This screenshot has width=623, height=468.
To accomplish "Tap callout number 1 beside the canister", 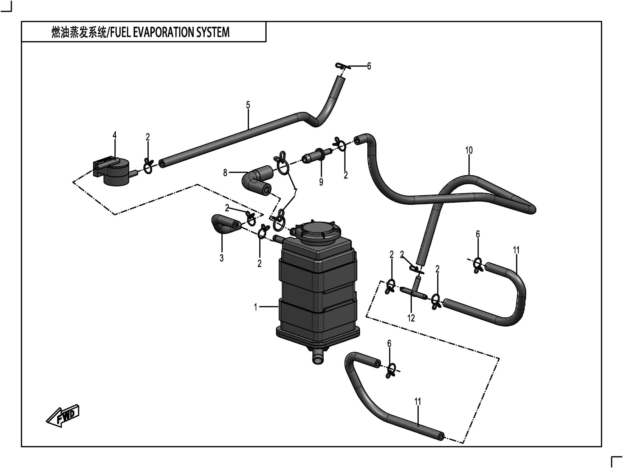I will click(x=255, y=307).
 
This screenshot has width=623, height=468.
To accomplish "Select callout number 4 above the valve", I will click(x=115, y=135).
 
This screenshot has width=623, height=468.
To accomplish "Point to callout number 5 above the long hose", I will click(x=248, y=105).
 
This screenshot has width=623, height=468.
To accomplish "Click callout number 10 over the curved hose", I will click(x=469, y=150).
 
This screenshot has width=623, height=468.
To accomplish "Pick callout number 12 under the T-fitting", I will click(x=411, y=318).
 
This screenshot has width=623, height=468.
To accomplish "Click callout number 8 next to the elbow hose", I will click(x=225, y=173).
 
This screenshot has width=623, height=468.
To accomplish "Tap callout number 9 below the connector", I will click(x=321, y=182).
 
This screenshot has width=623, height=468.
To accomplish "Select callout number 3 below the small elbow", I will click(x=221, y=258).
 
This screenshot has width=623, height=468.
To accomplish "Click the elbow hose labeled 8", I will click(x=255, y=181).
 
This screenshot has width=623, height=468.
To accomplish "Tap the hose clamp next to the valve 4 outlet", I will click(x=148, y=166).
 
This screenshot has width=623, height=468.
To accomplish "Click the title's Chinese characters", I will click(x=79, y=32).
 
